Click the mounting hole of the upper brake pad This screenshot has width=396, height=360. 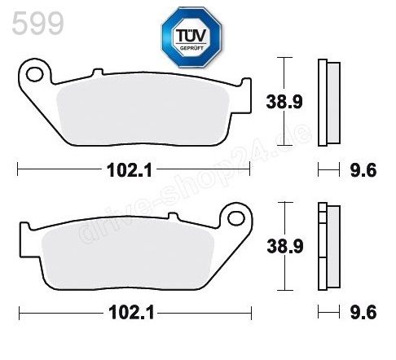pos(34,76)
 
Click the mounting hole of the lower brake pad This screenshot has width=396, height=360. pos(236,217)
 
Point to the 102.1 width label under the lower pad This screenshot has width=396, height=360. pos(131,312)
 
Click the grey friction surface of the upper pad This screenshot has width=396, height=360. pos(147,114)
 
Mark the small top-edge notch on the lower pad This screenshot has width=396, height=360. pos(173,216)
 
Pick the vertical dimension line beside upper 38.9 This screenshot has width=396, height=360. pos(284,102)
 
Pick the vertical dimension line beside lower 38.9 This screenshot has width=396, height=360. pos(284,245)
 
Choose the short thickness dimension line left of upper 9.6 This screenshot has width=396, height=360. pos(328,170)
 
